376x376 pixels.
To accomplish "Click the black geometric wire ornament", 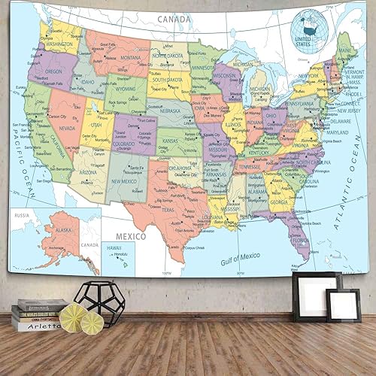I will tap(99, 303).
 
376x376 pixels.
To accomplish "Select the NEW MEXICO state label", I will tap(126, 181).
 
